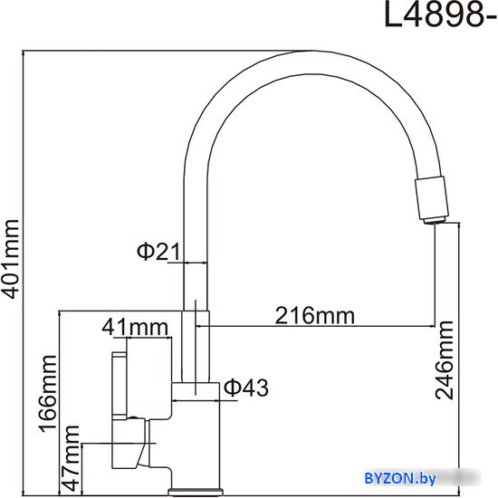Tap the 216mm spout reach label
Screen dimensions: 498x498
pos(314,316)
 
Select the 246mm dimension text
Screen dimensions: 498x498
pos(445,360)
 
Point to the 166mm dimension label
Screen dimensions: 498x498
pos(48,394)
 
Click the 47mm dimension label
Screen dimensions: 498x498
pos(71,458)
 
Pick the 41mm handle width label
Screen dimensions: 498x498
pos(135,327)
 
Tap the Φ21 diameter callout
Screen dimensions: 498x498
pos(158,252)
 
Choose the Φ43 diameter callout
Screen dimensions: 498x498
pos(246,388)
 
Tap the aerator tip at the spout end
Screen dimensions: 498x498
pos(435,220)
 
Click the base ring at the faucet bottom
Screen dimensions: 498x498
pos(196,493)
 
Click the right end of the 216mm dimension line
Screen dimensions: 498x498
pos(435,326)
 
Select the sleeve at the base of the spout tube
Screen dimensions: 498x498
pos(196,346)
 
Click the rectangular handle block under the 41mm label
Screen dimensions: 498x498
pos(149,378)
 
